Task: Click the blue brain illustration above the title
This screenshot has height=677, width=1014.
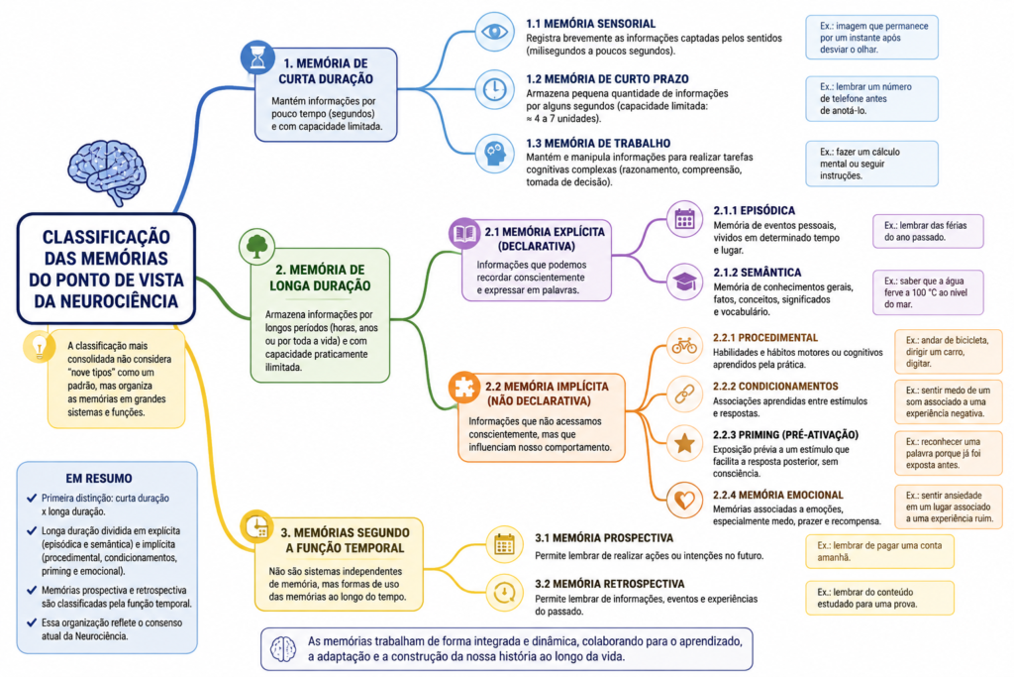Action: pyautogui.click(x=107, y=171)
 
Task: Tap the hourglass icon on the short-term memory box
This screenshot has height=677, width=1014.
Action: pyautogui.click(x=258, y=56)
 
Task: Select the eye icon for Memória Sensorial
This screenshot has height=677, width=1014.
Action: pyautogui.click(x=495, y=32)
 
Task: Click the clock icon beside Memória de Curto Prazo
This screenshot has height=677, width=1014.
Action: pyautogui.click(x=495, y=88)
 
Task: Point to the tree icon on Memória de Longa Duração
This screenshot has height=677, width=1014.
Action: pyautogui.click(x=256, y=246)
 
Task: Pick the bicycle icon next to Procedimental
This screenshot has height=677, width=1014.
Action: pyautogui.click(x=684, y=346)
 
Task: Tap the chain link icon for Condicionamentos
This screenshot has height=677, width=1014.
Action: pyautogui.click(x=684, y=395)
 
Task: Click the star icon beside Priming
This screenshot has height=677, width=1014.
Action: pyautogui.click(x=684, y=443)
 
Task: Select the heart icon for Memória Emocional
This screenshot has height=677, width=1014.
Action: pyautogui.click(x=684, y=500)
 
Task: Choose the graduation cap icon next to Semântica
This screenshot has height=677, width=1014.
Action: pyautogui.click(x=684, y=282)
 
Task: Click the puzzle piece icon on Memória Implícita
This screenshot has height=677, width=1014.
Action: pyautogui.click(x=464, y=387)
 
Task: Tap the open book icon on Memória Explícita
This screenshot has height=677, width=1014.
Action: pyautogui.click(x=464, y=233)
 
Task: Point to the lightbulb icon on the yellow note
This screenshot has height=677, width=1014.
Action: pyautogui.click(x=39, y=346)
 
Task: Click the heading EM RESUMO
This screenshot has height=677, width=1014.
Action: pyautogui.click(x=99, y=479)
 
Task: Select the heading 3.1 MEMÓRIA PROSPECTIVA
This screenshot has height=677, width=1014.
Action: pyautogui.click(x=604, y=538)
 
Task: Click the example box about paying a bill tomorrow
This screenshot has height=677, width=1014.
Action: pyautogui.click(x=879, y=551)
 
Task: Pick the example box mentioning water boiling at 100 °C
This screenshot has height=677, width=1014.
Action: pyautogui.click(x=928, y=292)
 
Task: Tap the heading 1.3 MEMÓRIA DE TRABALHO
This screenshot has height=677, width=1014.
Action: pyautogui.click(x=598, y=143)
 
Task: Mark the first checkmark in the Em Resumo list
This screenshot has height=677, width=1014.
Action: pyautogui.click(x=31, y=498)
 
